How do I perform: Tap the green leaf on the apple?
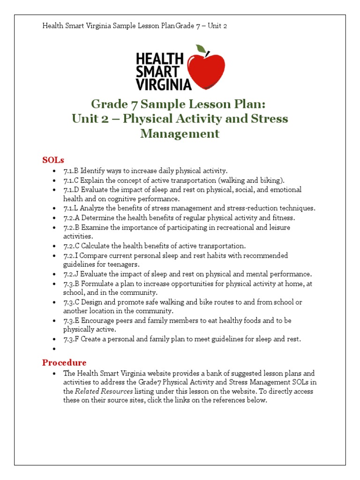(201, 49)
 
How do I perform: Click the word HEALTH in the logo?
(159, 60)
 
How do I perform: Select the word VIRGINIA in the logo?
(163, 84)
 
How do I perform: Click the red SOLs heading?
(53, 160)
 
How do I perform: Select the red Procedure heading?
(64, 362)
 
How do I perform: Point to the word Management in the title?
(180, 134)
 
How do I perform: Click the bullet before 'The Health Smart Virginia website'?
(55, 374)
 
